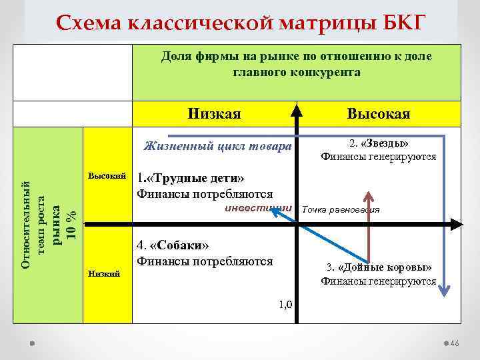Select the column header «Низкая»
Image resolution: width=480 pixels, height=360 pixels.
coord(214,114)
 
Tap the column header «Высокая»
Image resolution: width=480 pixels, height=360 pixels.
coord(379,114)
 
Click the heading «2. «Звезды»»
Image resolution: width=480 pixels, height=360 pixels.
coord(378,143)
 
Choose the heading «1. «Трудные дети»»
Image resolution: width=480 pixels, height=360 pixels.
coord(190,179)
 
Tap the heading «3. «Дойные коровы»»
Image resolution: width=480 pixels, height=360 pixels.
coord(379,267)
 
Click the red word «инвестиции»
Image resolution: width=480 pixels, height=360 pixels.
coord(259,208)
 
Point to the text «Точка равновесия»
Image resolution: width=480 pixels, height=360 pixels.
coord(341,209)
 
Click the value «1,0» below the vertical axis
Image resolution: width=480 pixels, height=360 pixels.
coord(285,305)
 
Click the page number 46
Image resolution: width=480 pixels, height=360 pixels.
coord(455,343)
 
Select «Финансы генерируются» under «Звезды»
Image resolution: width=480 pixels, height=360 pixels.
coord(378,157)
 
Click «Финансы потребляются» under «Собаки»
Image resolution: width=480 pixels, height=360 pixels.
coord(204,261)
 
